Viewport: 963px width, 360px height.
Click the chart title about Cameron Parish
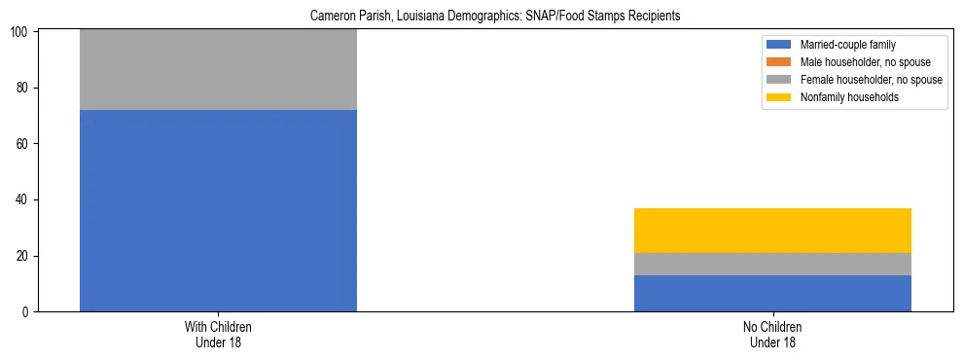tap(481, 17)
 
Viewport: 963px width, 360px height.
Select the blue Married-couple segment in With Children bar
tap(218, 210)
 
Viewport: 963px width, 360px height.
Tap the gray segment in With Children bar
tap(218, 70)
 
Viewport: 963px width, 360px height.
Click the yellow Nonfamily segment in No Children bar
tap(772, 231)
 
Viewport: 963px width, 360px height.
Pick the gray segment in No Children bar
tap(772, 264)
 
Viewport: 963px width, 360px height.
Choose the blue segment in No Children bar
tap(772, 293)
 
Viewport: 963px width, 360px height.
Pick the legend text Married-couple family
tap(847, 45)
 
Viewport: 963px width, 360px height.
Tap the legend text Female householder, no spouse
tap(871, 80)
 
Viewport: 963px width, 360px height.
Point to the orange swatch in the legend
tap(780, 62)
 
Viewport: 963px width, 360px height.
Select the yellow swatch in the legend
tap(780, 97)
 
